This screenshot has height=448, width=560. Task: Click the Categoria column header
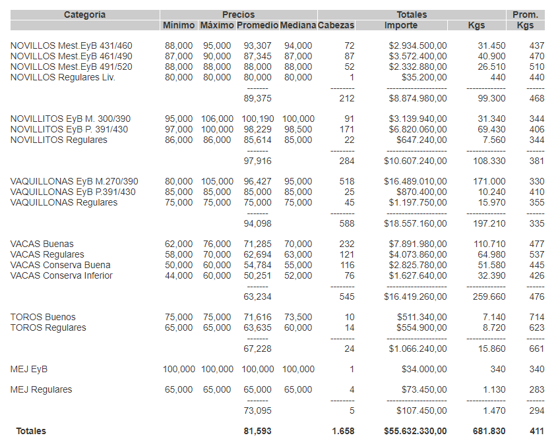[84, 14]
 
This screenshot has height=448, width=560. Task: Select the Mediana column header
[298, 25]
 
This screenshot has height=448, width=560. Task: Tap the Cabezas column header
[336, 25]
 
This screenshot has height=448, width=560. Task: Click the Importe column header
[401, 25]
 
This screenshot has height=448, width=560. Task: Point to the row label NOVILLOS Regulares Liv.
[63, 77]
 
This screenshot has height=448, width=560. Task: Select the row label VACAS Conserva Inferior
[61, 275]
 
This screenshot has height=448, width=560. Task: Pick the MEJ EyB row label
[29, 369]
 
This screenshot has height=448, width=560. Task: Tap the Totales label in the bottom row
[31, 431]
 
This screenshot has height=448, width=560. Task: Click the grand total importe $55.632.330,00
[416, 431]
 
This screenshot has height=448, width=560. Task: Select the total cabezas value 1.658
[342, 431]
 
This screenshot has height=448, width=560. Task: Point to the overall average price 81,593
[257, 431]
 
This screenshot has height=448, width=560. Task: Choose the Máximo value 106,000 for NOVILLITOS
[217, 119]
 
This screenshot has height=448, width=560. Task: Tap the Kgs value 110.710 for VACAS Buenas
[489, 244]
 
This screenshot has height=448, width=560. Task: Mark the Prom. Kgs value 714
[536, 317]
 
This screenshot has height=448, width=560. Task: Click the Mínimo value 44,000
[179, 275]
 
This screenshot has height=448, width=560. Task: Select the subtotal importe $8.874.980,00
[418, 98]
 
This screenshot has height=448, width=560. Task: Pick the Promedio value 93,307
[257, 45]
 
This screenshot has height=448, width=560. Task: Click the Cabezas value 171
[346, 129]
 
